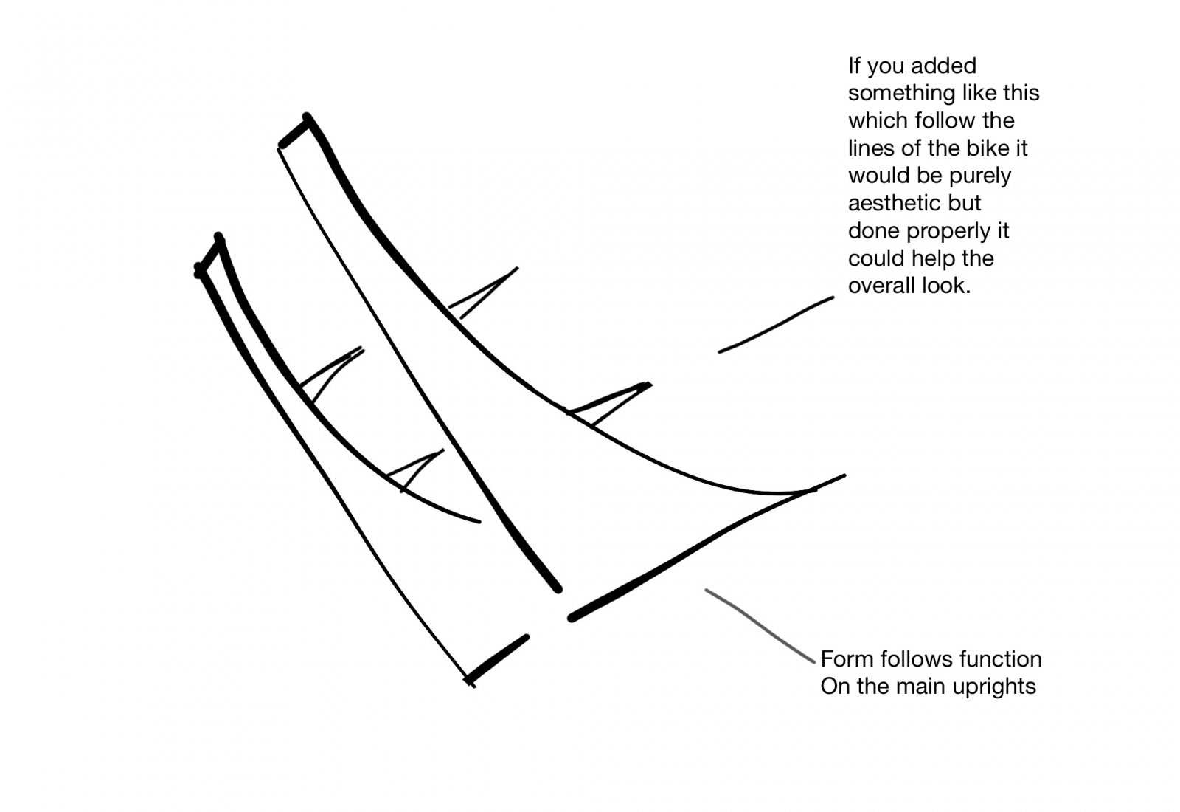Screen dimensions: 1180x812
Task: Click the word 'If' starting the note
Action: (854, 66)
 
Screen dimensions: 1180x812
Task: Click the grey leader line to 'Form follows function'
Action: (760, 625)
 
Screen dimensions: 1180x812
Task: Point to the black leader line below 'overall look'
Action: (776, 325)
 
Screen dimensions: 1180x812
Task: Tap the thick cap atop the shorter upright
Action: (209, 255)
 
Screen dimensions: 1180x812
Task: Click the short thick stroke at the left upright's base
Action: (497, 659)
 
